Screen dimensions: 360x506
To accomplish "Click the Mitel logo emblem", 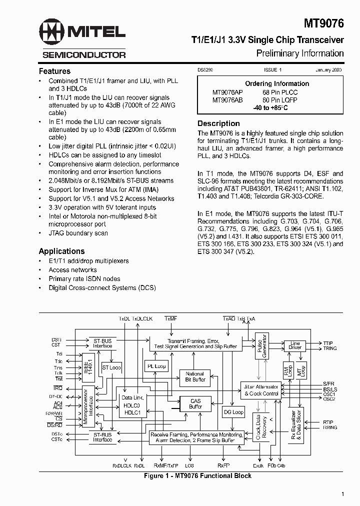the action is (54, 32).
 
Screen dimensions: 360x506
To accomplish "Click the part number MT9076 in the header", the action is (324, 23).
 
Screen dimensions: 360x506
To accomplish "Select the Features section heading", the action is (54, 71).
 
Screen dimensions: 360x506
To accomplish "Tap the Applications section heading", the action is (61, 251).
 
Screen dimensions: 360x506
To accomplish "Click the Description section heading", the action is (218, 123).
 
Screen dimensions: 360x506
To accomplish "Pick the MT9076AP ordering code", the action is (227, 92).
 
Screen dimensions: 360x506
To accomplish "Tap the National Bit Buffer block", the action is (195, 376).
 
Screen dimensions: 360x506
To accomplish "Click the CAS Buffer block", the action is (195, 403).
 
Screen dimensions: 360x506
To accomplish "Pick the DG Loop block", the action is (233, 412).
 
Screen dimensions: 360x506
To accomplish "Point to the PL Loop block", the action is (156, 366).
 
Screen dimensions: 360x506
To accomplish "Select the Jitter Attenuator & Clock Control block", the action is (260, 390).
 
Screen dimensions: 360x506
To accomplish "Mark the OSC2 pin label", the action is (329, 399).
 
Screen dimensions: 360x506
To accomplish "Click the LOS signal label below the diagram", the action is (189, 465).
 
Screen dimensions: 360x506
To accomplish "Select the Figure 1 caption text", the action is (197, 475).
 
